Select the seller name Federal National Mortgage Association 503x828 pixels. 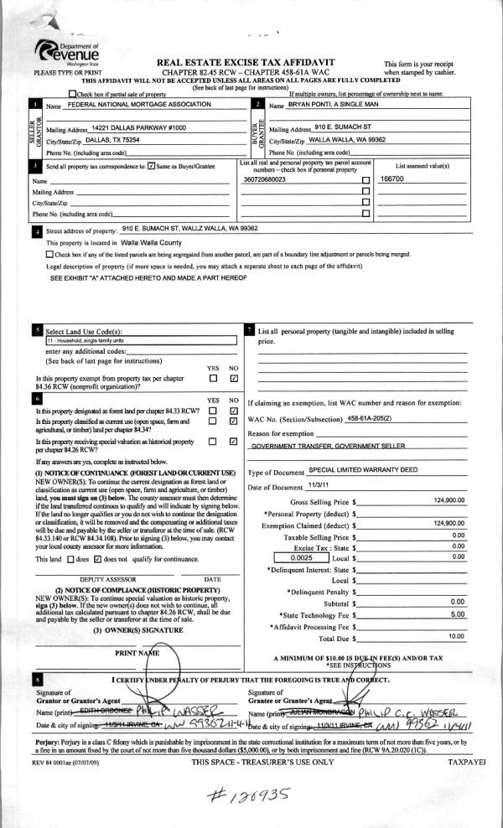click(139, 105)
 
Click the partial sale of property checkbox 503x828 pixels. click(74, 94)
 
